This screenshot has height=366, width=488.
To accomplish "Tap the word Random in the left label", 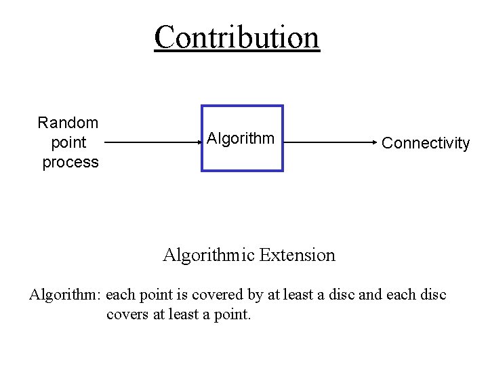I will pos(68,123).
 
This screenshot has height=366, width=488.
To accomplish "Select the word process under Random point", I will pos(70,163).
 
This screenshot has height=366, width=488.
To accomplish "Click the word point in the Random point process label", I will pos(68,143).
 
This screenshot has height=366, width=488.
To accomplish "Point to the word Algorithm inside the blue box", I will pos(241,139).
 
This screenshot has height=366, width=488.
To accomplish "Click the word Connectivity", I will pos(426,143).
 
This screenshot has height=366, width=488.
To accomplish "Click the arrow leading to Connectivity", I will pos(329,143).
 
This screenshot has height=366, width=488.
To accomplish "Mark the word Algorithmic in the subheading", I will pos(209,256).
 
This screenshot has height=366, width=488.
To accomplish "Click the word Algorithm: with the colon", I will pos(65,295).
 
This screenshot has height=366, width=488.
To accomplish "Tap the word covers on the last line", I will pos(127,315).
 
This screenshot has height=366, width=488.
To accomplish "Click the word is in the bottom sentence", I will pos(186,295).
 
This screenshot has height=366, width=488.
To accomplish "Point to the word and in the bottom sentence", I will pos(369,295).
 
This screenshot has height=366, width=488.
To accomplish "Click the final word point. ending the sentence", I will pos(232,315).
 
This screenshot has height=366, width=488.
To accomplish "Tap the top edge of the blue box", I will pos(242,106).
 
